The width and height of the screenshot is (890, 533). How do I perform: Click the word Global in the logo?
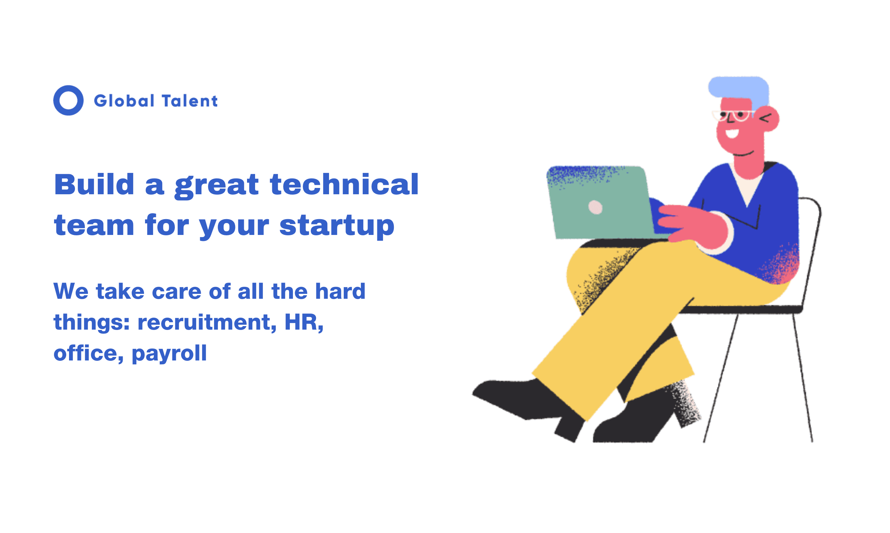click(124, 101)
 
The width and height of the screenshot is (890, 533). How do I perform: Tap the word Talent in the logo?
click(190, 101)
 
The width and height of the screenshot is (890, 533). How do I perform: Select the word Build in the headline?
click(94, 184)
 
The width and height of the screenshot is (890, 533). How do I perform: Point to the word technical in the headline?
click(344, 184)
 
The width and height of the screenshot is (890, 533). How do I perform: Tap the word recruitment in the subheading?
click(207, 322)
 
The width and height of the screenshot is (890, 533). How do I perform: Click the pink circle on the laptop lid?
click(595, 207)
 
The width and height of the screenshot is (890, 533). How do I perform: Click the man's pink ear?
click(767, 119)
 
